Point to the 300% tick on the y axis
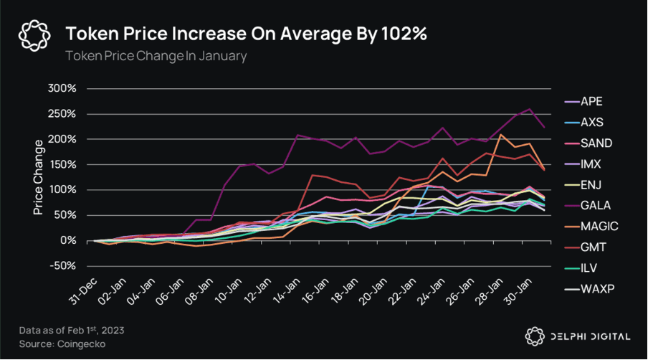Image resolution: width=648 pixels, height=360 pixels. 70,88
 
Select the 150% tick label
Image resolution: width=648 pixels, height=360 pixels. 70,164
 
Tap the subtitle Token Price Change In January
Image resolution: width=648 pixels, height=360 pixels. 156,56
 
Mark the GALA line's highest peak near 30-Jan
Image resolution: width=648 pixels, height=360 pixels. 530,109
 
